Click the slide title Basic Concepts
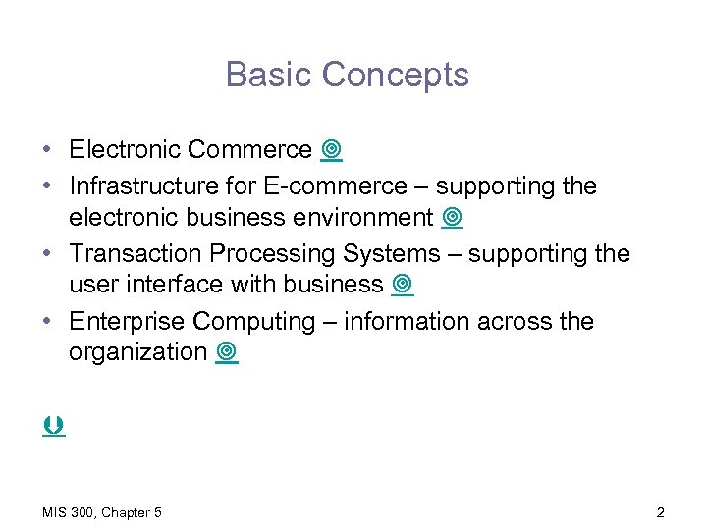coord(348,75)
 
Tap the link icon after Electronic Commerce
coord(331,150)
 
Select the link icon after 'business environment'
coord(452,218)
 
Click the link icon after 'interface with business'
coord(402,285)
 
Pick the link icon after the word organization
coord(227,352)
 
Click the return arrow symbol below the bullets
coord(54,426)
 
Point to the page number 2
coord(660,512)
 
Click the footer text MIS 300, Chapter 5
coord(102,512)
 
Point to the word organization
coord(137,352)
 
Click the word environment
coord(366,217)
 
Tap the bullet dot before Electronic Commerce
coord(47,150)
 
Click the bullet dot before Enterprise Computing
coord(47,322)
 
